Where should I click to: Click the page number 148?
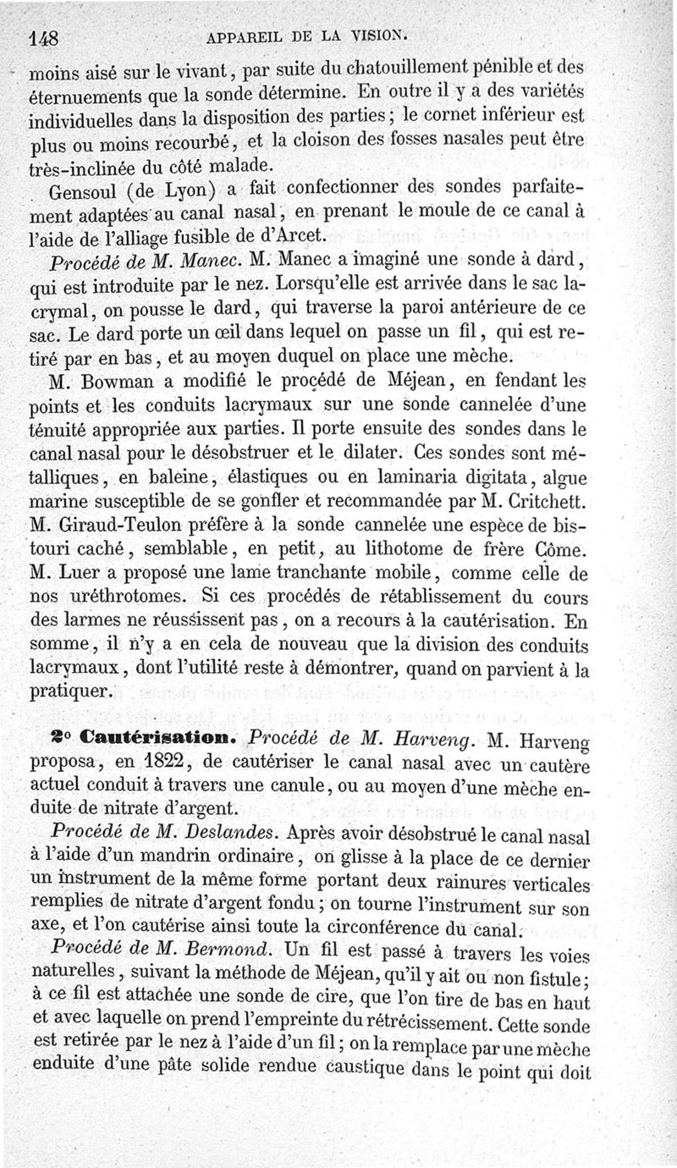[x=48, y=38]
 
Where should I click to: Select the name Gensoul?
[x=85, y=187]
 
